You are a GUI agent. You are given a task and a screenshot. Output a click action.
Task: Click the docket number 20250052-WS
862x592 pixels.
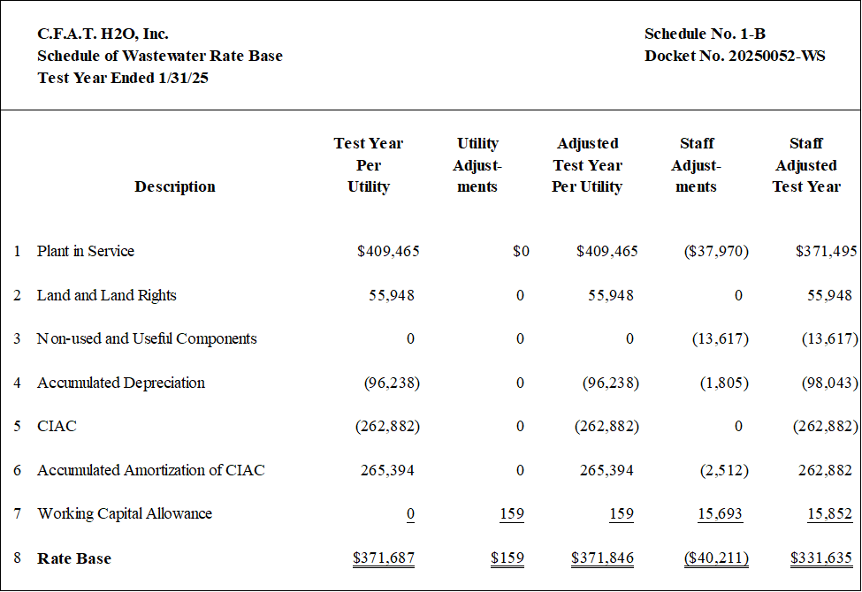coord(777,56)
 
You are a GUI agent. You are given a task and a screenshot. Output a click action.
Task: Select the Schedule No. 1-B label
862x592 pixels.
coord(705,34)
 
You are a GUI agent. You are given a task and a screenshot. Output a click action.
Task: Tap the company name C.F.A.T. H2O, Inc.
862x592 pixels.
coord(103,34)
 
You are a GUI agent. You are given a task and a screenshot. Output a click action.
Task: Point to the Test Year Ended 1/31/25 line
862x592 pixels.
coord(123,78)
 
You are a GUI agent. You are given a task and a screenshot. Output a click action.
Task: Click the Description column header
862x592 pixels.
coord(175,187)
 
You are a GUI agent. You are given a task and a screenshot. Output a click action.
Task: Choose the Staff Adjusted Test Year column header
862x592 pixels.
coord(806,165)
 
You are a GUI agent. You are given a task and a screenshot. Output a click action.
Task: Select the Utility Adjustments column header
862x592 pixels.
coord(477,165)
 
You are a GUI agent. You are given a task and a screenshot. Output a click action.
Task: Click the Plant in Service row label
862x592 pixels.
coord(85,251)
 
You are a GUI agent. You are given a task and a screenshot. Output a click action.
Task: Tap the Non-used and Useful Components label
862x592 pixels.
coord(147,338)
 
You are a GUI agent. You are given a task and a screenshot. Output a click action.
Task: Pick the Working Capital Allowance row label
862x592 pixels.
coord(125,513)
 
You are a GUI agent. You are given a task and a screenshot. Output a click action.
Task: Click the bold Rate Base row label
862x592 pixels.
coord(74,558)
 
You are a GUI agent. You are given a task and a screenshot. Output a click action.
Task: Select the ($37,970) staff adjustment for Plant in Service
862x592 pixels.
coord(716,251)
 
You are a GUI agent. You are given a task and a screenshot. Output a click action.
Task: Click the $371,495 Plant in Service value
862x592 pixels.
coord(827,251)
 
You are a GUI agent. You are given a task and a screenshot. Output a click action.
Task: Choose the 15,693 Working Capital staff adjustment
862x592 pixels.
coord(721,513)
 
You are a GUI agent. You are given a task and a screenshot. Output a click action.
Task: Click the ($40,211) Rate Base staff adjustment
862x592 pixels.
coord(716,558)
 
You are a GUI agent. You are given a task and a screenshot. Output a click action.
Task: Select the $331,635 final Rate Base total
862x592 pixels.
coord(821,558)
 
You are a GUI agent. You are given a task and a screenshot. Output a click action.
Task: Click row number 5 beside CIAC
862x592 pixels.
coord(18,426)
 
